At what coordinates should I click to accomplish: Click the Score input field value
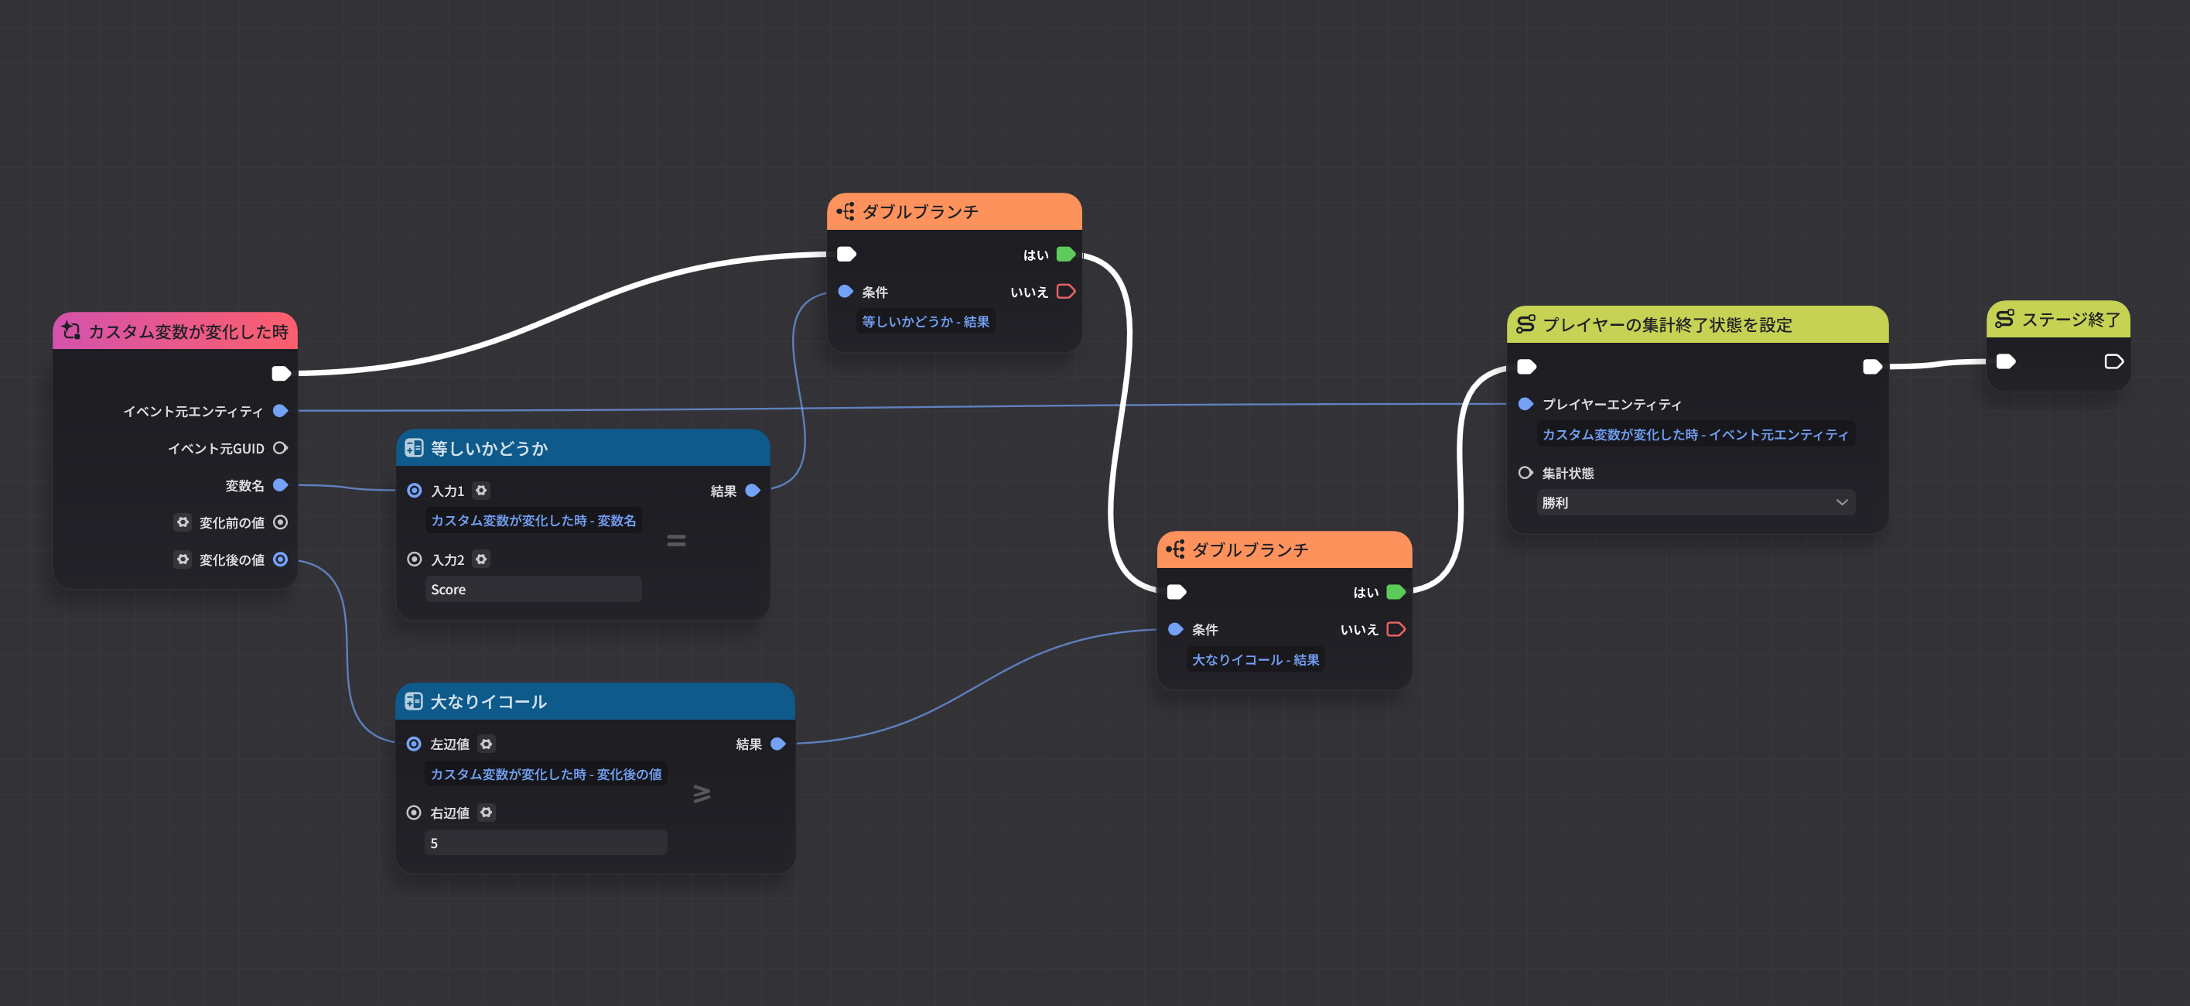532,590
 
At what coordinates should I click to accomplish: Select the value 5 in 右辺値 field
545,843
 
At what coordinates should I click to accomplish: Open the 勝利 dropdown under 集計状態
1695,502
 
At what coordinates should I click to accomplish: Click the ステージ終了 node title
2069,320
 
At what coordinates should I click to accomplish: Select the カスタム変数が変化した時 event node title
187,332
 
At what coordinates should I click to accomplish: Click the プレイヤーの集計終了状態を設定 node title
1666,325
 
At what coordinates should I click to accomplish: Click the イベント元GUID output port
280,448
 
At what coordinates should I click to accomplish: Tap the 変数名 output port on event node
280,485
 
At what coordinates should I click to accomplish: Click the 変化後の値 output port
280,559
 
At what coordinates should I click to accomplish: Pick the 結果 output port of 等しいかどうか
753,491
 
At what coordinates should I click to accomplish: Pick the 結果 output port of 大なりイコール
777,744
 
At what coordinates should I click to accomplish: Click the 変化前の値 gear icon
183,522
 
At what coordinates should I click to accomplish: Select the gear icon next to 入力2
481,559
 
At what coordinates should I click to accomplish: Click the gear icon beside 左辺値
486,744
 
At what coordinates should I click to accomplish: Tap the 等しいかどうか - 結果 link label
925,321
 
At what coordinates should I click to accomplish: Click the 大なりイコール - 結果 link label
1255,660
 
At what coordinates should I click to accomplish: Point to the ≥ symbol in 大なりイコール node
702,793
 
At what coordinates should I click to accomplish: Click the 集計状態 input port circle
1525,473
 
